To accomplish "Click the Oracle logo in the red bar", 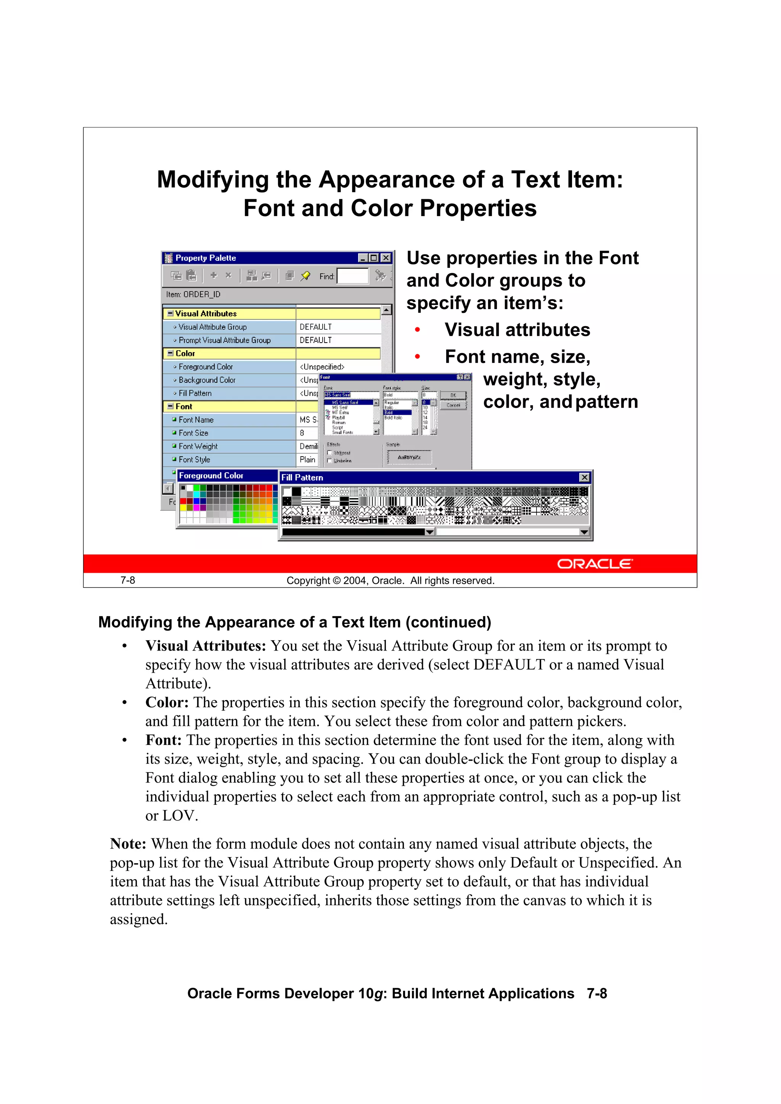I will [595, 564].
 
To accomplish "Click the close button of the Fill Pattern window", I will [584, 477].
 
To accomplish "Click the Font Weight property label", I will [198, 446].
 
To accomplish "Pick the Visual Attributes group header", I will [206, 314].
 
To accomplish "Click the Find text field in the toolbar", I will [352, 276].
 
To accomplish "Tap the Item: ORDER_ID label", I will [193, 294].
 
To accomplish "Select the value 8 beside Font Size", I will [302, 433].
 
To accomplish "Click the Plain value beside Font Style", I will [307, 460].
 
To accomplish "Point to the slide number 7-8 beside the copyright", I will [127, 580].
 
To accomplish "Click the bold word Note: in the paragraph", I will [128, 844].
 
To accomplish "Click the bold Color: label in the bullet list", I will [167, 702].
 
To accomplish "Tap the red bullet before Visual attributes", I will [417, 330].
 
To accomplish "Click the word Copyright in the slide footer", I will [308, 580].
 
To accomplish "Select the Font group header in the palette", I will [184, 406].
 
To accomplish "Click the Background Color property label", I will [207, 380].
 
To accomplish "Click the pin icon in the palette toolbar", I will [305, 276].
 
